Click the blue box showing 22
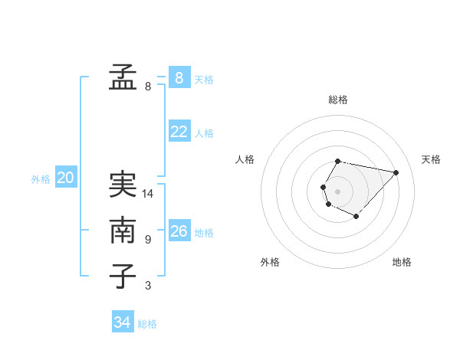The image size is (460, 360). [179, 132]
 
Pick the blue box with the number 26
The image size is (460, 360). [179, 231]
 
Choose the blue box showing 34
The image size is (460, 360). [122, 322]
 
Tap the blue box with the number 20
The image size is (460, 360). [65, 178]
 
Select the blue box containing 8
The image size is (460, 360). [179, 77]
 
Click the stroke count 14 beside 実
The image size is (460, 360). [148, 194]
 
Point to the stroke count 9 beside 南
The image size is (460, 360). [148, 240]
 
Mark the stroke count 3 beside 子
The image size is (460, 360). [148, 286]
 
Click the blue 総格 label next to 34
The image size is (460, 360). [147, 324]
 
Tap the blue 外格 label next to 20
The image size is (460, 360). [41, 179]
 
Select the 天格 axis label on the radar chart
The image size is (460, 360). [431, 159]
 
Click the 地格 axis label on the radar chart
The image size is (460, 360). [402, 263]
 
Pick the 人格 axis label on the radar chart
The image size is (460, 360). [245, 159]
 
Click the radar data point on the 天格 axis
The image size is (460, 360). [396, 172]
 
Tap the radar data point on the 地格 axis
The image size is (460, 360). [356, 217]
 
